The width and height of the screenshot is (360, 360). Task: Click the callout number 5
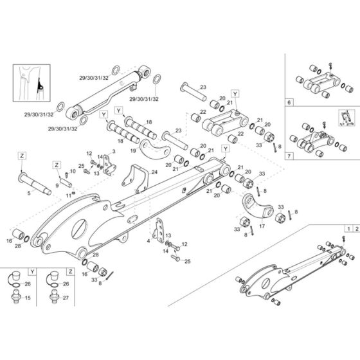(29, 192)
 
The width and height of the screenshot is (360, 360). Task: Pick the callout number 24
(154, 172)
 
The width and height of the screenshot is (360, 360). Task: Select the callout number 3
(113, 151)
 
